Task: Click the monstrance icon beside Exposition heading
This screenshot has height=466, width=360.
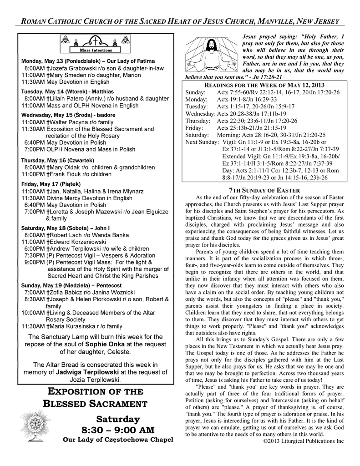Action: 34,425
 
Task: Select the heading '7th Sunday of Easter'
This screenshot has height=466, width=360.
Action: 265,190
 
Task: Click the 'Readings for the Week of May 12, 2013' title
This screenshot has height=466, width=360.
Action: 264,85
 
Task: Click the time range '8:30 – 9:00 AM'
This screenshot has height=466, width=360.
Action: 118,430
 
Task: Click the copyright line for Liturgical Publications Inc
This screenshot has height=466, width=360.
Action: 304,441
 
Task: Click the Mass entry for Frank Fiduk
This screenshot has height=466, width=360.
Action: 66,174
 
